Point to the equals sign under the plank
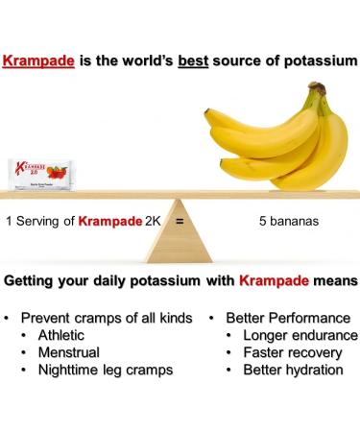[179, 220]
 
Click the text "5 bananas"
[289, 220]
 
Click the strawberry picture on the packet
[57, 174]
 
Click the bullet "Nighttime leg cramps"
[106, 370]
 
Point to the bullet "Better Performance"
[288, 318]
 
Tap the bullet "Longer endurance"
[300, 335]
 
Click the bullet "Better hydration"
[293, 370]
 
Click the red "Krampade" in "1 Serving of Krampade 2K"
[111, 220]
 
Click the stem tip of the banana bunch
[317, 89]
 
